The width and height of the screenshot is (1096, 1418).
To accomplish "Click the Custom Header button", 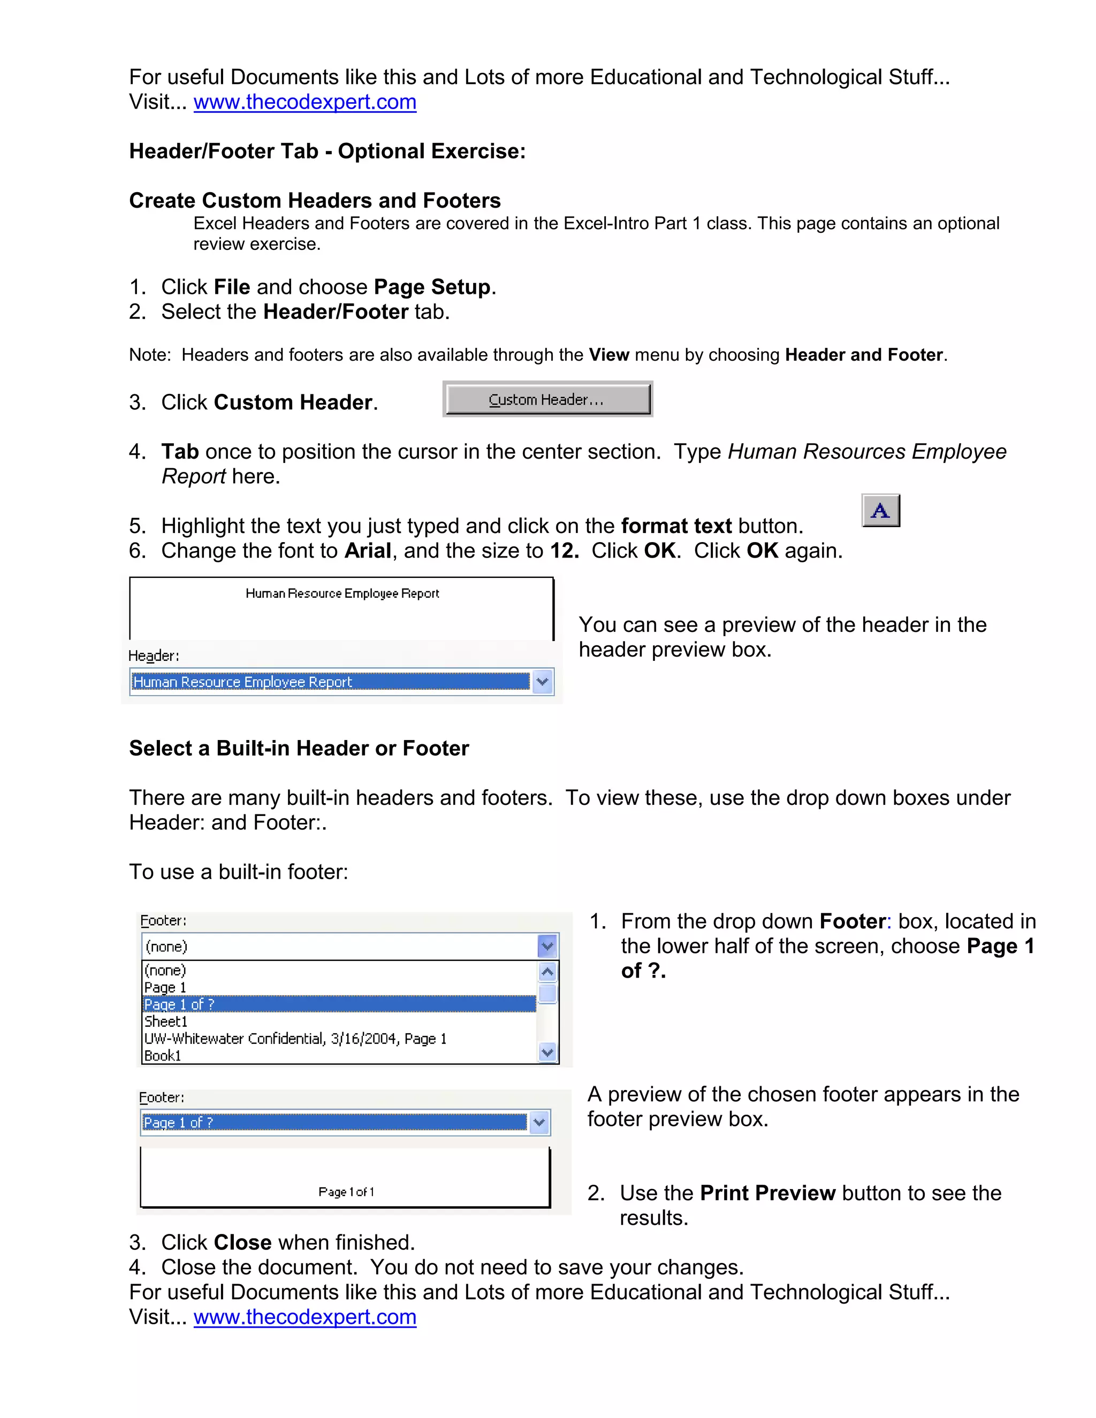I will click(547, 399).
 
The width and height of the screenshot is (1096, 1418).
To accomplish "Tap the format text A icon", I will click(880, 510).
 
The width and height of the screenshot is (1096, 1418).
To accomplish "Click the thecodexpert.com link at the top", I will click(305, 102).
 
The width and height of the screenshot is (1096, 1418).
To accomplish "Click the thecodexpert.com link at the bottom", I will click(305, 1317).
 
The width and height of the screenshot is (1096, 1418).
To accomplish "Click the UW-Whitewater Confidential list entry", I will click(295, 1039).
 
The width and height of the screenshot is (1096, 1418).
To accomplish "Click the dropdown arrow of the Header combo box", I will click(542, 682).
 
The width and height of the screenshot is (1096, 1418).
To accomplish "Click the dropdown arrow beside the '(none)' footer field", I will click(547, 946).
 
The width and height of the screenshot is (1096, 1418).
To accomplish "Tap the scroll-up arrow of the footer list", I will click(547, 972).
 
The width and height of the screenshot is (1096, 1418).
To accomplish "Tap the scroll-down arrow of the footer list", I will click(547, 1052).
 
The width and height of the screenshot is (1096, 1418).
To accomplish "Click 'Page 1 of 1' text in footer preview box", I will click(346, 1192).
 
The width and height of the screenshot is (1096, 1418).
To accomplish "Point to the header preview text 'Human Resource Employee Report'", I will click(342, 593).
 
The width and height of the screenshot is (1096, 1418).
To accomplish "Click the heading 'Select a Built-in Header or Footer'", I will click(299, 749).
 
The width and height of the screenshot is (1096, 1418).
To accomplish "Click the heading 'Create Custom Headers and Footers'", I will click(315, 201).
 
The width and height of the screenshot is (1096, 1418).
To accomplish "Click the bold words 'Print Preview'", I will click(767, 1193).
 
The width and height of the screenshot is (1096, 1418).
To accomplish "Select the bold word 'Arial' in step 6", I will click(368, 551).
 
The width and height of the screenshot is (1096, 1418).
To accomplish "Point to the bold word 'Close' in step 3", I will click(243, 1242).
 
